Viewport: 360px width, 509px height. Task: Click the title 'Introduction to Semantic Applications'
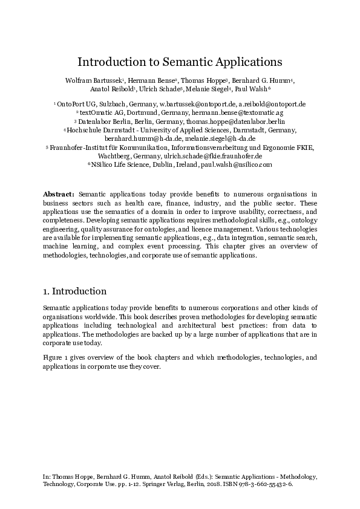180,62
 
